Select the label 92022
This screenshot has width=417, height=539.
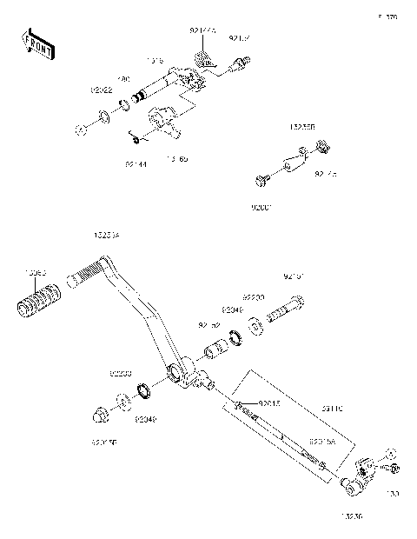point(101,90)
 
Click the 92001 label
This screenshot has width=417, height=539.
point(261,209)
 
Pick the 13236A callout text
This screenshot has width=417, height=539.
point(106,236)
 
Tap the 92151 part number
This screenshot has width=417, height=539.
point(295,277)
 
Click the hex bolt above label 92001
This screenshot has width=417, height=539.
point(261,181)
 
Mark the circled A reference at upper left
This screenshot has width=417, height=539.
point(80,131)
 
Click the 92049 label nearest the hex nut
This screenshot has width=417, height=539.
point(145,419)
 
